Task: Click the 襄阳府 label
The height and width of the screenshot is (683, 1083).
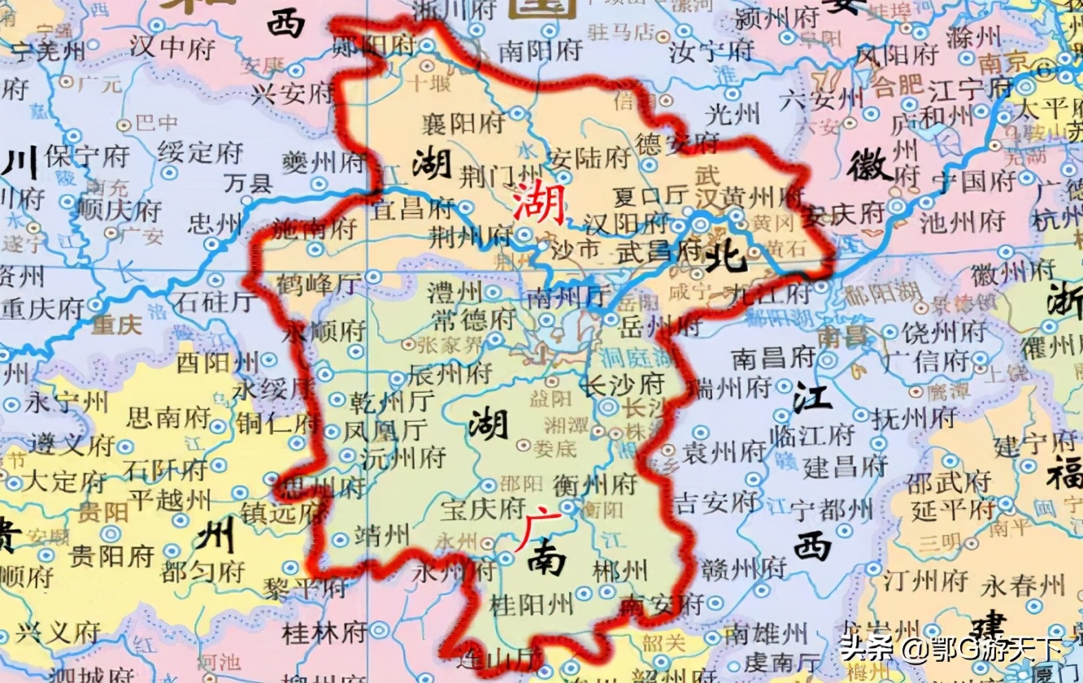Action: pos(463,123)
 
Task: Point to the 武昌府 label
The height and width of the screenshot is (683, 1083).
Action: pos(648,250)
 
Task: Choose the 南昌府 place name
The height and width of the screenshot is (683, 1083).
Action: pos(772,357)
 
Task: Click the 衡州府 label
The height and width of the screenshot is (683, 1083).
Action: pos(594,485)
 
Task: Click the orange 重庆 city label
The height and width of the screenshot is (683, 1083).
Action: pos(116,325)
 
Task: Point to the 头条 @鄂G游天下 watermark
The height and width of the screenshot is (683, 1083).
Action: pos(950,648)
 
